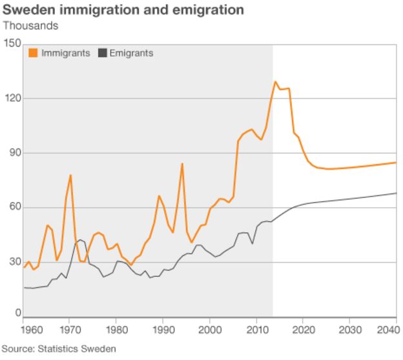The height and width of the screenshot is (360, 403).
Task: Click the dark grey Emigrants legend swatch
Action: pos(101,54)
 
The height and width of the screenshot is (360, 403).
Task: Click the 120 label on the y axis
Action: pos(12,98)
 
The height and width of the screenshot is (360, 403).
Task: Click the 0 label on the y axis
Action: pos(18,312)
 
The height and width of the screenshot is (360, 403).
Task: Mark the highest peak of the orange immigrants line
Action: pos(276,82)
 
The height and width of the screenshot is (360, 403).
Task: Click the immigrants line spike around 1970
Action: pos(70,175)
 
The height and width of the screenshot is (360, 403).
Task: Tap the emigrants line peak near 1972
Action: pos(80,240)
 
